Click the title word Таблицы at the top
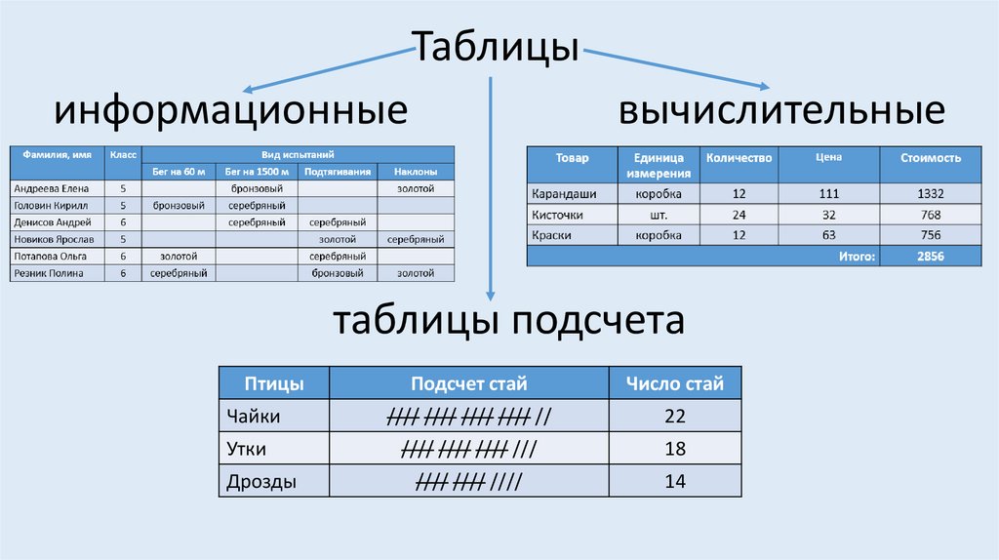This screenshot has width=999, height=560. [x=499, y=46]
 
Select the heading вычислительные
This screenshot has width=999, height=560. [x=780, y=109]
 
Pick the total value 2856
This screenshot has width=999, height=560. [x=931, y=256]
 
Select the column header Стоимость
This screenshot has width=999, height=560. [x=931, y=157]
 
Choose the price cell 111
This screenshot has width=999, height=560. [x=830, y=193]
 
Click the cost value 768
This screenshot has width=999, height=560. [x=931, y=214]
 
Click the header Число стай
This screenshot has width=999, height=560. [x=675, y=383]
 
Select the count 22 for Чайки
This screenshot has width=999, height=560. [x=675, y=417]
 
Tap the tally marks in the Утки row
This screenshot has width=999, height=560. [x=469, y=450]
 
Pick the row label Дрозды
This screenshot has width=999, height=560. [x=260, y=482]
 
